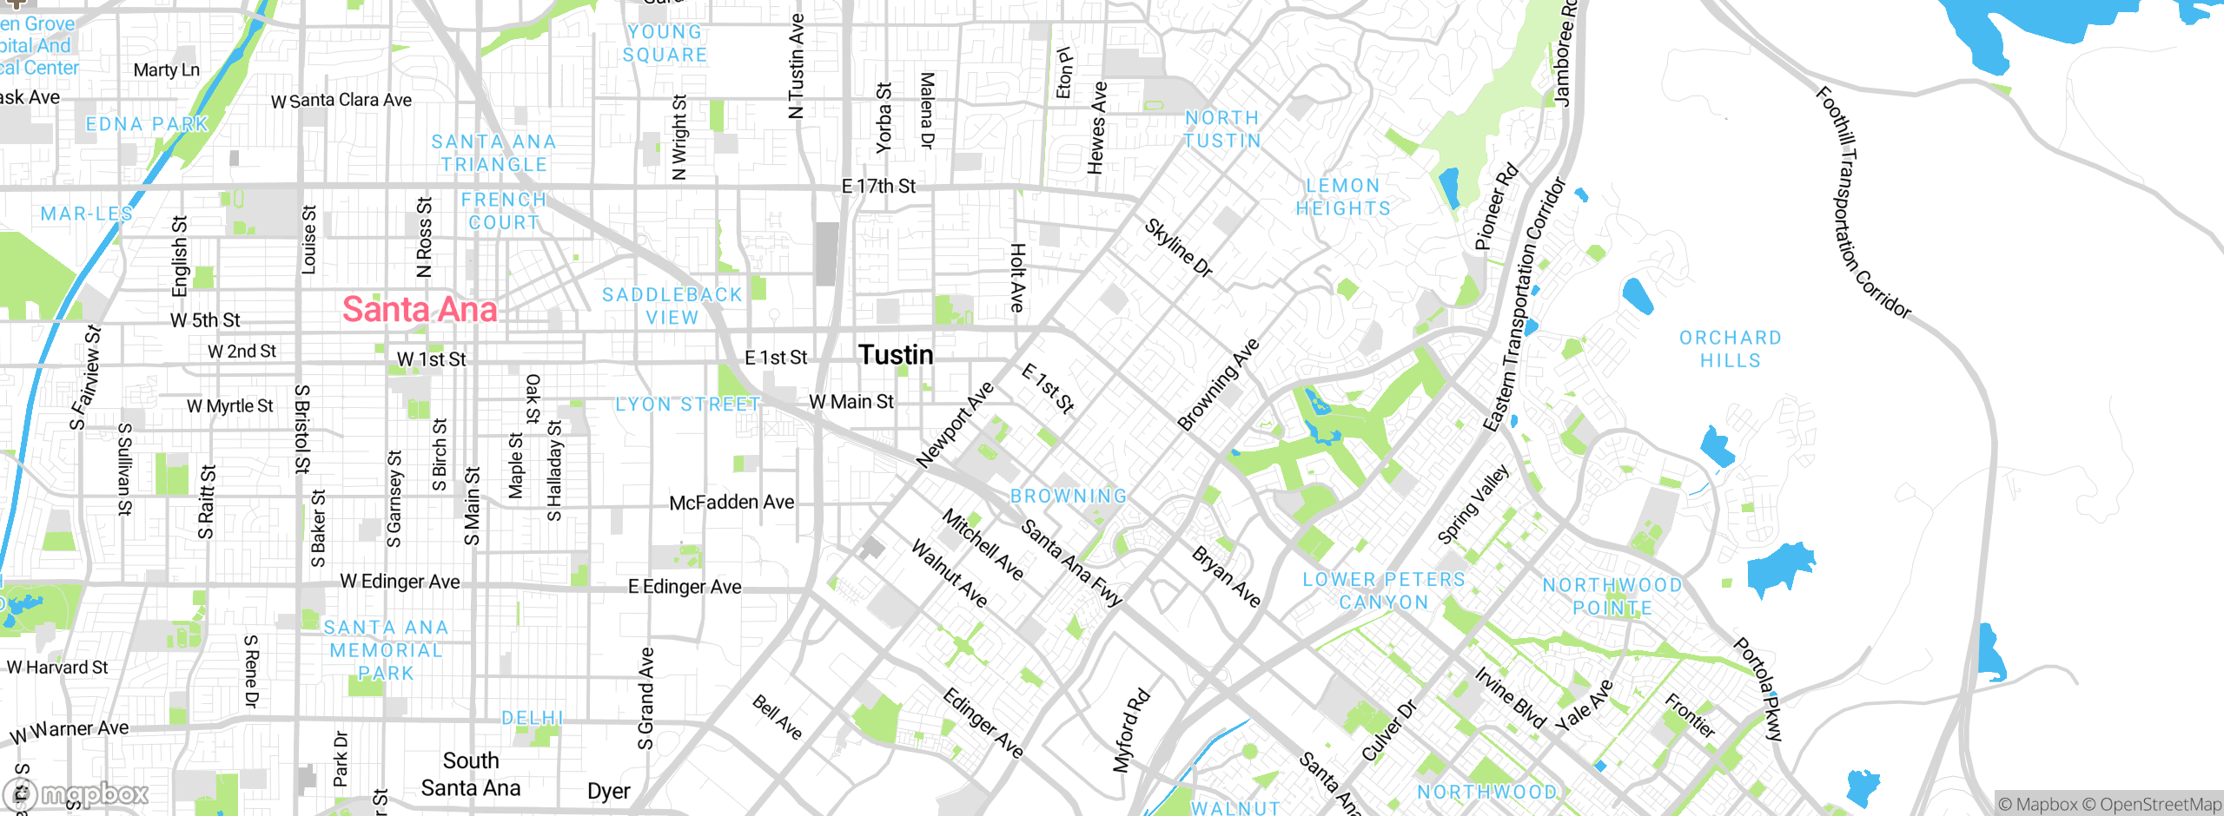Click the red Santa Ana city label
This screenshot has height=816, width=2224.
point(420,310)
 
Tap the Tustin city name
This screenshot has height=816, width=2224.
point(896,354)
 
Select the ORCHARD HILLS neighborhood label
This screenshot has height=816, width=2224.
point(1730,349)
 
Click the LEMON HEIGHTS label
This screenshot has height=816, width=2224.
point(1343,197)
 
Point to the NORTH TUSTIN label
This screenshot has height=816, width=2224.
point(1222,129)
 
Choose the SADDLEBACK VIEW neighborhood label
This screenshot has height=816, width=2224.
point(672,306)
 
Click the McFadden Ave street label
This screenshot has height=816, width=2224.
point(731,502)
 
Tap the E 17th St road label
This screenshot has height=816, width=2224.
point(878,186)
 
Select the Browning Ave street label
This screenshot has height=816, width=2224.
point(1218,385)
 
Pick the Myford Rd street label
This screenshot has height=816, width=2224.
point(1131,730)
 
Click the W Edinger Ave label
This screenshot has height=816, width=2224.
point(400,581)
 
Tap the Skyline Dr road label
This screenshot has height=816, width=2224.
point(1177,247)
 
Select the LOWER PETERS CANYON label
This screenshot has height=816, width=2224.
point(1383,591)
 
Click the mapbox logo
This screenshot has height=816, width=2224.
point(76,793)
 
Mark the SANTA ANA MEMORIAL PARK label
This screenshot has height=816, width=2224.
point(386,650)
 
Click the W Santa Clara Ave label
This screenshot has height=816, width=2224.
point(341,101)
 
